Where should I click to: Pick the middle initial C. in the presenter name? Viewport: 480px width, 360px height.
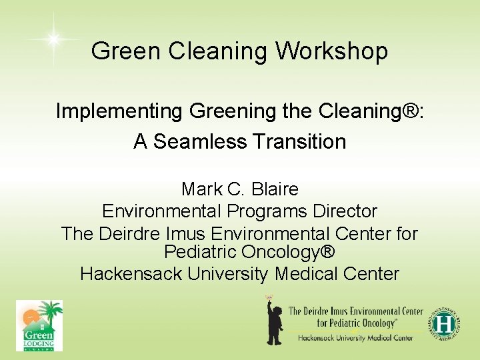(235, 189)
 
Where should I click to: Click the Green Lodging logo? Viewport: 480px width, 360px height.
(39, 325)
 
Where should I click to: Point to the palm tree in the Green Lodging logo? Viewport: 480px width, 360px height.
(50, 312)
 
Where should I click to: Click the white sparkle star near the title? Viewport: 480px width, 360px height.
(53, 39)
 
